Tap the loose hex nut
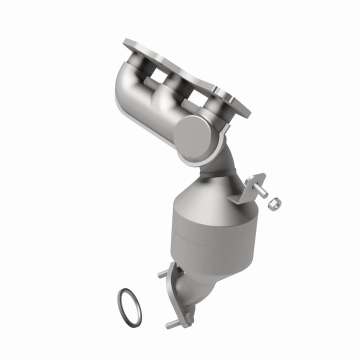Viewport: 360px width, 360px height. point(274,203)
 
